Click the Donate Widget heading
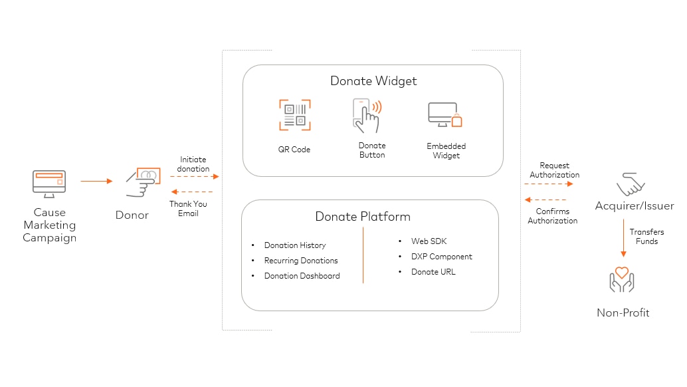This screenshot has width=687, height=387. pyautogui.click(x=373, y=81)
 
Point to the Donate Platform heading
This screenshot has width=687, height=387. pyautogui.click(x=363, y=217)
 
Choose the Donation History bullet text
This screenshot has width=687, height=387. pyautogui.click(x=295, y=245)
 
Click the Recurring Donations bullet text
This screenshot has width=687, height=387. pyautogui.click(x=301, y=261)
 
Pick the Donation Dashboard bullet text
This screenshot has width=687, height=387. pyautogui.click(x=302, y=276)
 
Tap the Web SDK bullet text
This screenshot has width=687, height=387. pyautogui.click(x=429, y=241)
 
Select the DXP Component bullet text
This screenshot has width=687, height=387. pyautogui.click(x=442, y=257)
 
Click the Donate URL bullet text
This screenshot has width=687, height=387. pyautogui.click(x=433, y=272)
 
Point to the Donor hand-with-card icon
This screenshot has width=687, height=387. pyautogui.click(x=144, y=182)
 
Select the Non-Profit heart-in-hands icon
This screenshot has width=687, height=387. pyautogui.click(x=622, y=281)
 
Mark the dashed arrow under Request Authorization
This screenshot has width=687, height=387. pyautogui.click(x=548, y=184)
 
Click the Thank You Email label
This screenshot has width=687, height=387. pyautogui.click(x=188, y=209)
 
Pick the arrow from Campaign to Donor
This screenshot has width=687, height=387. pyautogui.click(x=96, y=180)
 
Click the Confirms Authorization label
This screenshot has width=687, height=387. pyautogui.click(x=553, y=216)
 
